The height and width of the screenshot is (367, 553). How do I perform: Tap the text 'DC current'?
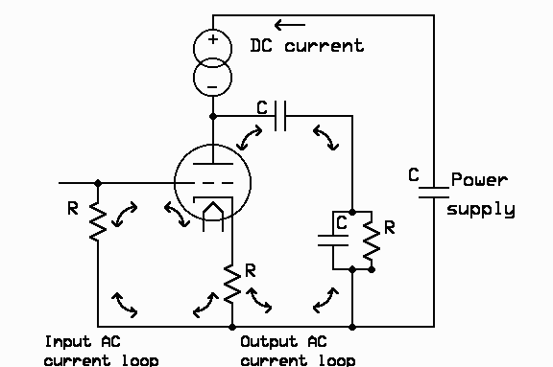306,45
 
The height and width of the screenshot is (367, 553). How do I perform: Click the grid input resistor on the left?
97,221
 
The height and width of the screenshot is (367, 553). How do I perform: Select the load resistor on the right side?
371,241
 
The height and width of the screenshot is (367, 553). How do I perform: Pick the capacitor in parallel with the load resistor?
333,241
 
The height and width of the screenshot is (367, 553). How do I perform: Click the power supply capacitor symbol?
433,191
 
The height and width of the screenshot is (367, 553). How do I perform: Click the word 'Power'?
479,179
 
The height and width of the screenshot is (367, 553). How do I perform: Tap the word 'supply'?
481,208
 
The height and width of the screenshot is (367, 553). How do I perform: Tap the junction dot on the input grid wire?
97,181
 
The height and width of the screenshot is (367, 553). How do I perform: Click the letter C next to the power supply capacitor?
413,174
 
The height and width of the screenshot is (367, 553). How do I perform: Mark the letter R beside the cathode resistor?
250,271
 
